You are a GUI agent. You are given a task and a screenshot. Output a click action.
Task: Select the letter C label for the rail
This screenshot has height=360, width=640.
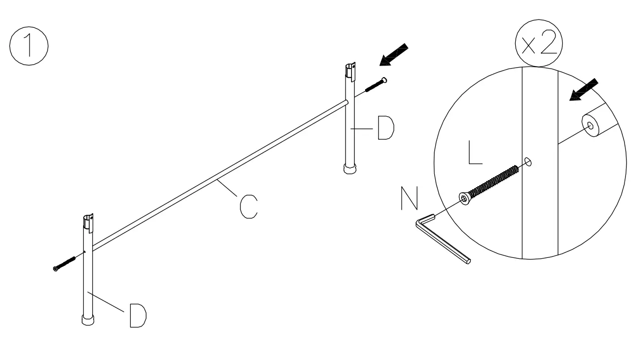249,207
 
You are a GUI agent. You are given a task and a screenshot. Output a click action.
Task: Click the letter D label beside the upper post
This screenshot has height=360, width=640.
385,129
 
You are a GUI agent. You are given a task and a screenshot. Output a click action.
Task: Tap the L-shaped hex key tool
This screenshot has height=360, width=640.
443,240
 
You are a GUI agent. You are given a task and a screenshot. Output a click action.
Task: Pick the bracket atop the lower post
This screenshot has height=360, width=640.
88,223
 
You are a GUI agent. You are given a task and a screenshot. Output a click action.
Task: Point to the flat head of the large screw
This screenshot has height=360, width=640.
465,199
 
